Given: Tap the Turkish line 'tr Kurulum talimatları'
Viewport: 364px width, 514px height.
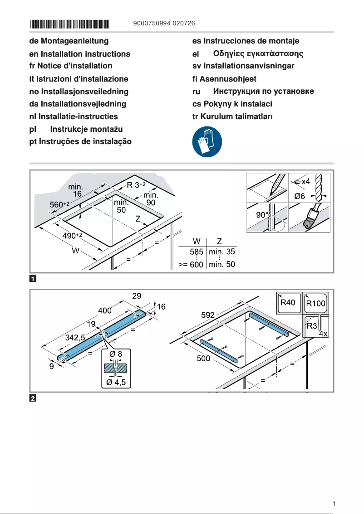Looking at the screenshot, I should (x=232, y=116).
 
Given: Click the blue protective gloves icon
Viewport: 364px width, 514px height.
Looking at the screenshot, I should (x=207, y=142).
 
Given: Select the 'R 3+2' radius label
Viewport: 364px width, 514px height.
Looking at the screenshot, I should (x=136, y=185).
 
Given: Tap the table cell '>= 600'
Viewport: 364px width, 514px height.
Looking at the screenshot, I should (x=190, y=265).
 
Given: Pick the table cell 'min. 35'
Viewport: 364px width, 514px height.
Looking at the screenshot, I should (x=222, y=252).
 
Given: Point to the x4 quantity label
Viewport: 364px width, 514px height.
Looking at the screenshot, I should (x=305, y=181).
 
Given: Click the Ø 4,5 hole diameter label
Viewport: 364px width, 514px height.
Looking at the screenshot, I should (x=116, y=382).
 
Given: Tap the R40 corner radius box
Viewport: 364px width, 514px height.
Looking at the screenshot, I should (x=288, y=302).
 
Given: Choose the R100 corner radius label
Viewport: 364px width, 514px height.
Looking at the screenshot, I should (x=316, y=303).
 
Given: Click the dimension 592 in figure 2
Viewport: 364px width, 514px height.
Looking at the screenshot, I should (x=208, y=315).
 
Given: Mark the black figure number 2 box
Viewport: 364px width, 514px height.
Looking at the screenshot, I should (x=33, y=399).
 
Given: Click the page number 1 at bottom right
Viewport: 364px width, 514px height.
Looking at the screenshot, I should (x=334, y=504).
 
